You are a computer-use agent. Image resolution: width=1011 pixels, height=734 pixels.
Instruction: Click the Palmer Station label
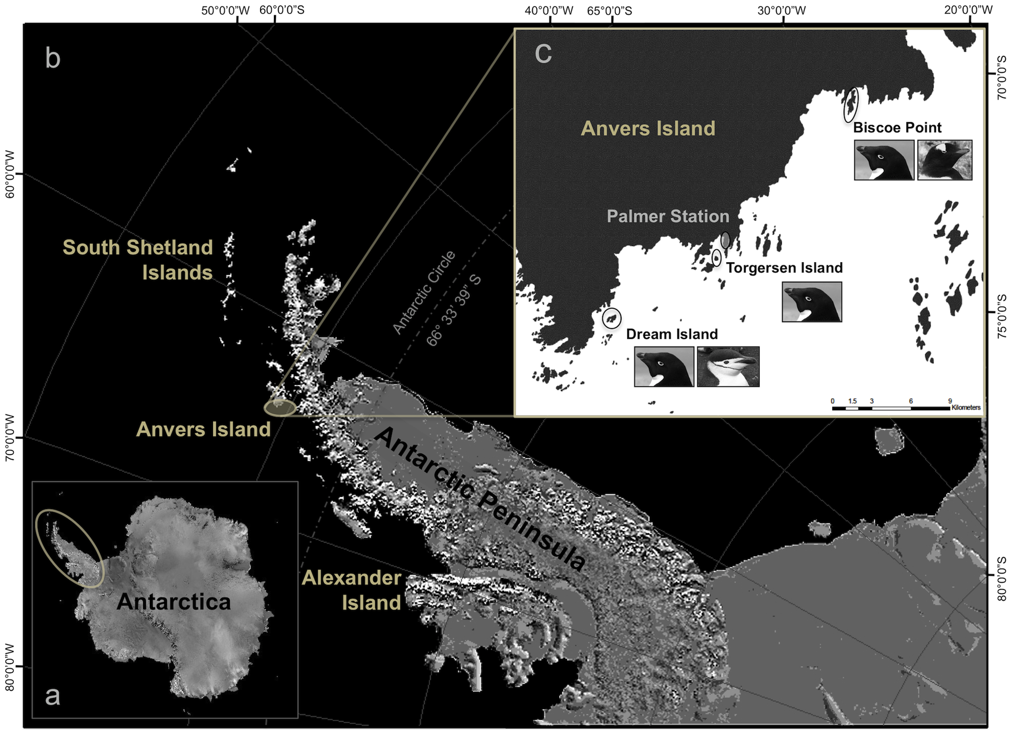668,216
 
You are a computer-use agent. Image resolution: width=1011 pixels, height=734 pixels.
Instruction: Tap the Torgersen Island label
784,268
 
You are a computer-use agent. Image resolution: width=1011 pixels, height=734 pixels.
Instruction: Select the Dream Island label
672,334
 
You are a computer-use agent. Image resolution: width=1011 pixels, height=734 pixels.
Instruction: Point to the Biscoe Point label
897,128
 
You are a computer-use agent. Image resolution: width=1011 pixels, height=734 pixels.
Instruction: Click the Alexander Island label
352,590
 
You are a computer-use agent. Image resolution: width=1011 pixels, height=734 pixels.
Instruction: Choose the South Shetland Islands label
138,260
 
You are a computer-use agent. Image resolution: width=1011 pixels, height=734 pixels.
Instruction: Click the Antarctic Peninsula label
481,499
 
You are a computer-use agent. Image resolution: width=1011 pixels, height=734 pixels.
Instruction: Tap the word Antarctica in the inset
174,601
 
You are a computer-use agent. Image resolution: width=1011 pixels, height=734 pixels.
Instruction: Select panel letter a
52,695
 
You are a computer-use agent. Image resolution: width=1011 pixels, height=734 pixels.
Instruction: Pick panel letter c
543,53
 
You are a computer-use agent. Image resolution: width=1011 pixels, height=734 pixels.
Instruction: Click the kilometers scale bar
891,408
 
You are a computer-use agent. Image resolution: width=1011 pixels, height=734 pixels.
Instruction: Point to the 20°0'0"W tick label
968,10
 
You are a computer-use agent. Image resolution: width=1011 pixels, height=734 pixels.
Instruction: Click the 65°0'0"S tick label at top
610,10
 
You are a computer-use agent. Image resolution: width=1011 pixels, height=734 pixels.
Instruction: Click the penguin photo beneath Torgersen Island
812,302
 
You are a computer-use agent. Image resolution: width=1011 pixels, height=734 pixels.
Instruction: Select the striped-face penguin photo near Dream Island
728,367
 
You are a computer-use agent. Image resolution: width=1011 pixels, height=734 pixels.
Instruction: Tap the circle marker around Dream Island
611,318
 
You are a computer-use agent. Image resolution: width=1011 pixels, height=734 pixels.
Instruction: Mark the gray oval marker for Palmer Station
725,240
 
